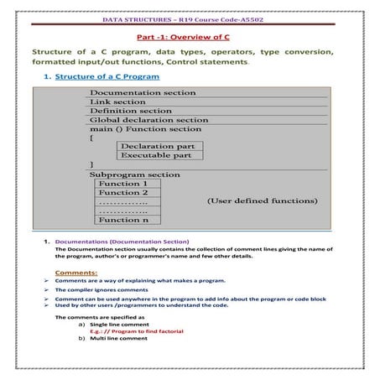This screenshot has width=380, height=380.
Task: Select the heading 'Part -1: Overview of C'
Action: (x=190, y=36)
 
